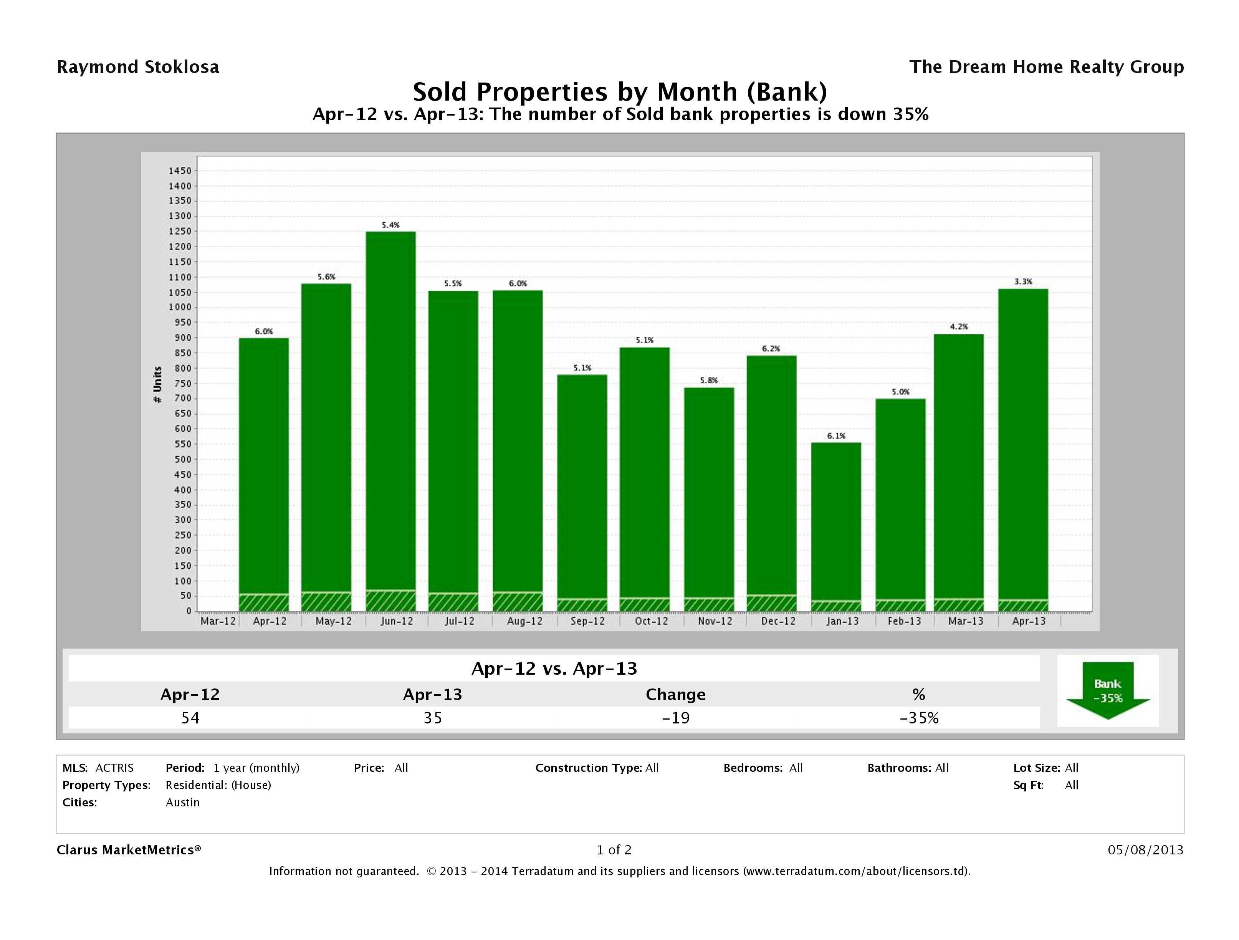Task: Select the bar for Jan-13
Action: pyautogui.click(x=836, y=521)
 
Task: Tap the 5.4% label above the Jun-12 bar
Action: pyautogui.click(x=390, y=225)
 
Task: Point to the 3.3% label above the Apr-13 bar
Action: pyautogui.click(x=1023, y=282)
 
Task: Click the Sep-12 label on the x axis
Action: pyautogui.click(x=587, y=621)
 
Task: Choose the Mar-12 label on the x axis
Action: pyautogui.click(x=218, y=621)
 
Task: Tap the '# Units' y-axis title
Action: pyautogui.click(x=157, y=385)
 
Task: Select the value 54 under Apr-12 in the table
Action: pyautogui.click(x=190, y=718)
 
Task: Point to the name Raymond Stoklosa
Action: pyautogui.click(x=138, y=67)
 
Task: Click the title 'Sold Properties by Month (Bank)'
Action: pyautogui.click(x=620, y=92)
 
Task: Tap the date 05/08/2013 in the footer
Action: pyautogui.click(x=1145, y=850)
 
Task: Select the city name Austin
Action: pyautogui.click(x=183, y=802)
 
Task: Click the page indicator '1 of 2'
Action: pyautogui.click(x=614, y=850)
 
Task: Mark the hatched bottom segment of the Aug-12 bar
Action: pyautogui.click(x=518, y=602)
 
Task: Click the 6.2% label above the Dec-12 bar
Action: pyautogui.click(x=771, y=348)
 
